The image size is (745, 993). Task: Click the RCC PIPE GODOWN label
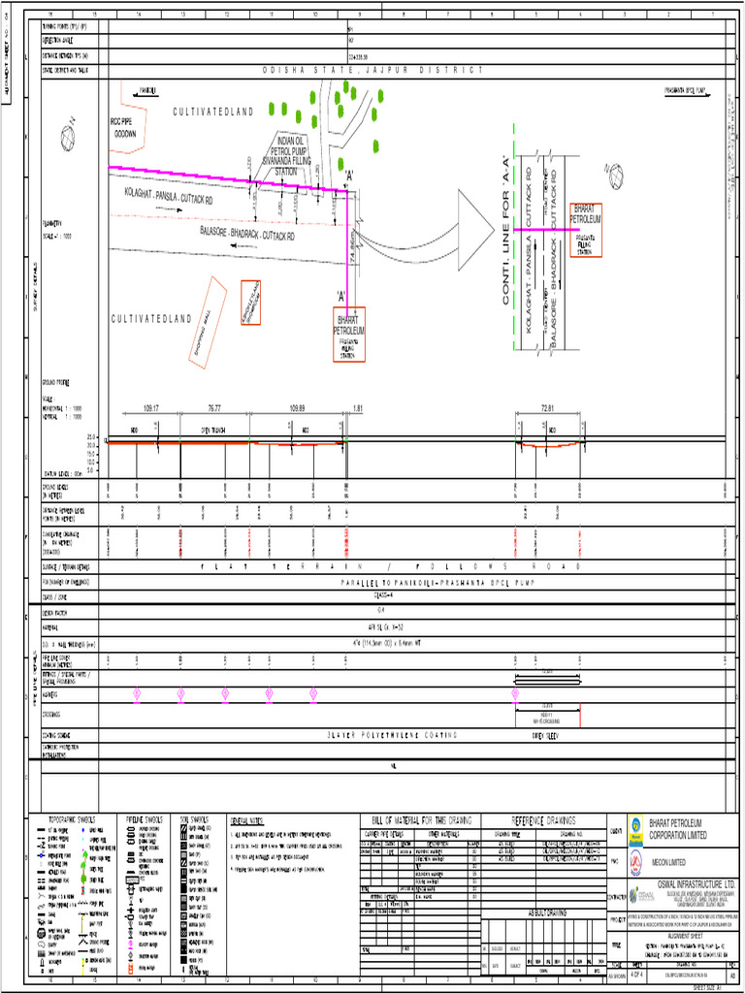tap(122, 128)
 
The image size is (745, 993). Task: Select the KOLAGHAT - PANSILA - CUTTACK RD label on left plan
tap(182, 199)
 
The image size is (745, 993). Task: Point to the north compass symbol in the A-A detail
tap(612, 174)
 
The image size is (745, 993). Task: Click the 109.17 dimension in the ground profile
tap(150, 408)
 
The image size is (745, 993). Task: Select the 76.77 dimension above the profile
tap(213, 408)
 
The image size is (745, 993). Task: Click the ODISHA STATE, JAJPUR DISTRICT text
tap(372, 71)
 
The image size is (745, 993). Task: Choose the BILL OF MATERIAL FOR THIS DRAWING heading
tap(421, 820)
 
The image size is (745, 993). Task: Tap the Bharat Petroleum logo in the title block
tap(636, 826)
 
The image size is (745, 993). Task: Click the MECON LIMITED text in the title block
tap(668, 861)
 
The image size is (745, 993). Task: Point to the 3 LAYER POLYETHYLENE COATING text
tap(392, 735)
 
